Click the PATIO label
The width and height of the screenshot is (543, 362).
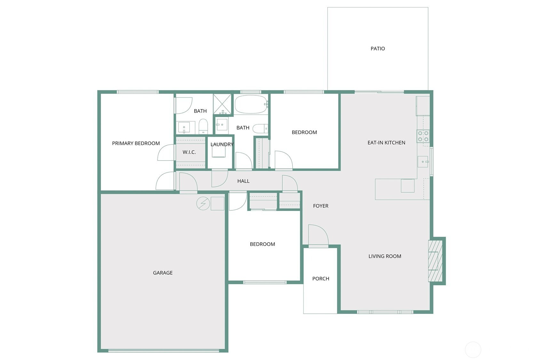(378, 49)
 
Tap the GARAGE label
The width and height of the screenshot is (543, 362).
(163, 273)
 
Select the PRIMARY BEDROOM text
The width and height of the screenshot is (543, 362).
(136, 143)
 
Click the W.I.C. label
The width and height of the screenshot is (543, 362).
(189, 152)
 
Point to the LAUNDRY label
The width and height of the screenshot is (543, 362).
(222, 144)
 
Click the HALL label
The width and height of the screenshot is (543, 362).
(244, 181)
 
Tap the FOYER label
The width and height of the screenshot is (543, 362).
(321, 206)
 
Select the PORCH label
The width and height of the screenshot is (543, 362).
(321, 278)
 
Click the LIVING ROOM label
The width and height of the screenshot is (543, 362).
(385, 256)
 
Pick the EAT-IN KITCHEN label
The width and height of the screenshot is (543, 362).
(387, 142)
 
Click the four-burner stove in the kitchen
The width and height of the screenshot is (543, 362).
(423, 136)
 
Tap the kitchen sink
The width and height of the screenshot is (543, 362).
(423, 162)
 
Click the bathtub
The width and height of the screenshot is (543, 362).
(251, 104)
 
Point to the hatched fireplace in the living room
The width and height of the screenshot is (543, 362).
(435, 261)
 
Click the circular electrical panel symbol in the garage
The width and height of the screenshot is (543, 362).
(203, 204)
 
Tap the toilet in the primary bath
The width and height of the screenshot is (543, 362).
(203, 126)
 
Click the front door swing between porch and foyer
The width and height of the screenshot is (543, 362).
(318, 235)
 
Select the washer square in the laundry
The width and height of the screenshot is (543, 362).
(219, 151)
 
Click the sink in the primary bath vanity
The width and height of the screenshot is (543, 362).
(184, 127)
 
